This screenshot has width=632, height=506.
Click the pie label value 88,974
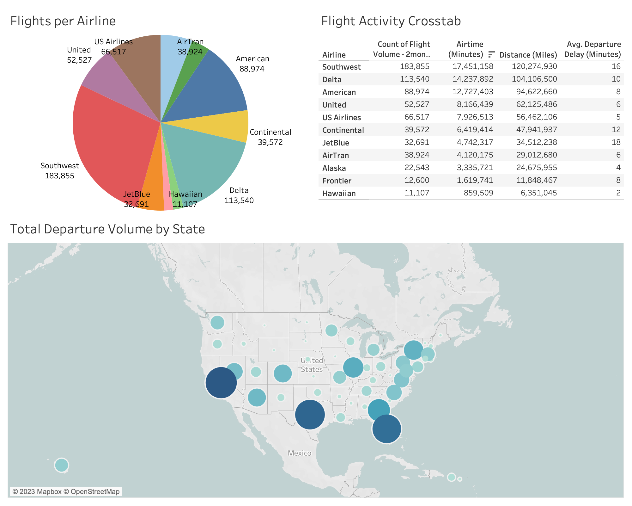[252, 69]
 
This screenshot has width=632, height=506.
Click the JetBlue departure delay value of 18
[616, 142]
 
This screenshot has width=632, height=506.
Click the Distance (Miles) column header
[528, 55]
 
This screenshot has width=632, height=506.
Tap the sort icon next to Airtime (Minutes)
[491, 54]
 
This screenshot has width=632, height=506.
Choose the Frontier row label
[337, 181]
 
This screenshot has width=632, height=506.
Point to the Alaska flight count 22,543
[417, 168]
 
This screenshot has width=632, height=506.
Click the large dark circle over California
[221, 382]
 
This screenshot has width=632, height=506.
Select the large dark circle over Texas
[310, 414]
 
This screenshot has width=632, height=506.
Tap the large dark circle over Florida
[387, 429]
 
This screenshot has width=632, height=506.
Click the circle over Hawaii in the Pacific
[62, 465]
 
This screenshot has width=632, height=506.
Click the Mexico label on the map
[299, 453]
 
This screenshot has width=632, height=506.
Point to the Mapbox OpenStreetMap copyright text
[66, 491]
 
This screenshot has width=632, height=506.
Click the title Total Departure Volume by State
[107, 229]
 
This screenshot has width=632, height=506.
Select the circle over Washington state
[217, 323]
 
